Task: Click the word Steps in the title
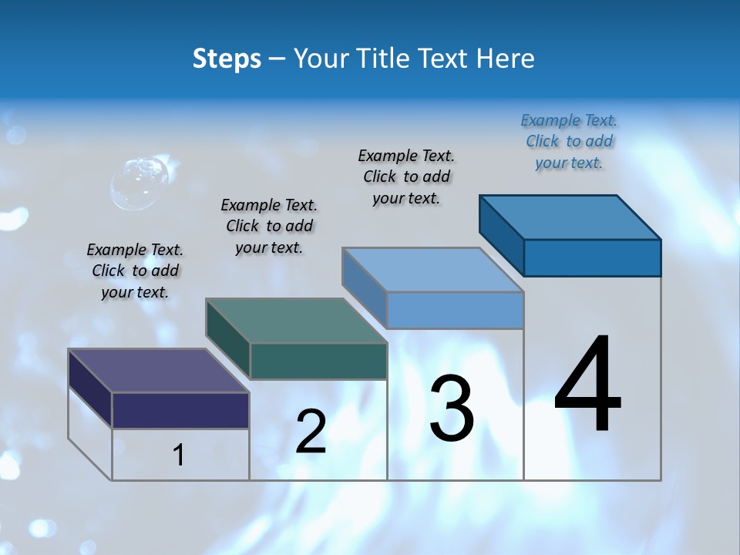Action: pos(227,59)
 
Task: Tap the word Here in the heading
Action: pos(505,59)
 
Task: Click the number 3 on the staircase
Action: pos(452,409)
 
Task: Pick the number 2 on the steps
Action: pos(311,432)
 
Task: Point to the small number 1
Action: pos(179,455)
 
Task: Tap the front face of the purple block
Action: pos(180,410)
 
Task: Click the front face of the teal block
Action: pos(318,361)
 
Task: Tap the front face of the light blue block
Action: pos(455,310)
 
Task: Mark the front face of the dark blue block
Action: pos(592,257)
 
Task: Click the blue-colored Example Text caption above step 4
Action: pos(569,142)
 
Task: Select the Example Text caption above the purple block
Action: pos(135,271)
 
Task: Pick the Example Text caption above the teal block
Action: pos(269,226)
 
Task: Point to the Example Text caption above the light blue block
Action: pos(406,177)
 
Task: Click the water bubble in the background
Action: pos(140,183)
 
